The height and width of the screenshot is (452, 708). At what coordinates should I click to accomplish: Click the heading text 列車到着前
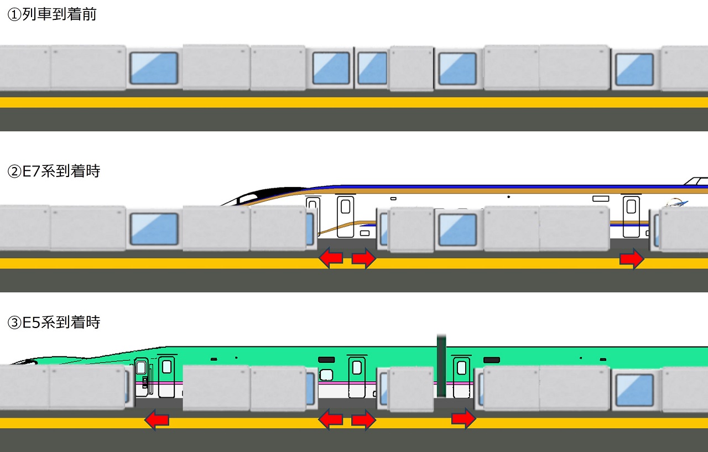(59, 15)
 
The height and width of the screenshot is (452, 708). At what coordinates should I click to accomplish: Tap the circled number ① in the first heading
(14, 15)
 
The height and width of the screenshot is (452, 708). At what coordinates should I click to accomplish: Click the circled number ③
(14, 322)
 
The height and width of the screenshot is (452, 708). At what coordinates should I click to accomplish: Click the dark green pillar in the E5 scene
(441, 365)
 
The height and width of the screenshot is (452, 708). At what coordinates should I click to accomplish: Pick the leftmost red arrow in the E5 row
(157, 420)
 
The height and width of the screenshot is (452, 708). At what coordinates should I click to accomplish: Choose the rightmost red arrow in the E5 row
(464, 419)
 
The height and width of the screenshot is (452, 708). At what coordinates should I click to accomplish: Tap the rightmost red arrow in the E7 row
(632, 258)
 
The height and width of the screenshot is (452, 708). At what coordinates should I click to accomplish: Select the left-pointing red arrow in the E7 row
(331, 258)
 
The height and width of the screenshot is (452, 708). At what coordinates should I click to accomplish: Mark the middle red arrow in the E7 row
(363, 258)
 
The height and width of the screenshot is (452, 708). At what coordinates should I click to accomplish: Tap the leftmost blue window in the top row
(154, 69)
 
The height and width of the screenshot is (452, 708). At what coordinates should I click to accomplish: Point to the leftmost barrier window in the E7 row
(154, 229)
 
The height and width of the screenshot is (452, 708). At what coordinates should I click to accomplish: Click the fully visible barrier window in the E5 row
(634, 389)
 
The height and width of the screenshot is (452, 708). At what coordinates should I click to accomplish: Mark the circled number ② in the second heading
(14, 172)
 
